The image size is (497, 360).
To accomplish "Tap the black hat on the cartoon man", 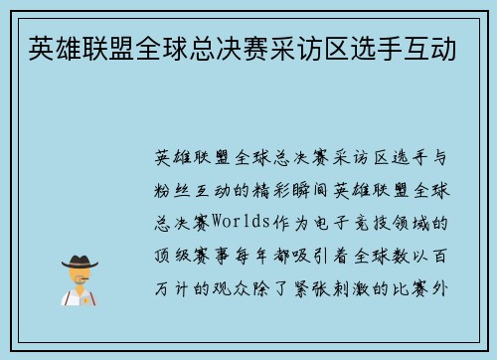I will pyautogui.click(x=80, y=261).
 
